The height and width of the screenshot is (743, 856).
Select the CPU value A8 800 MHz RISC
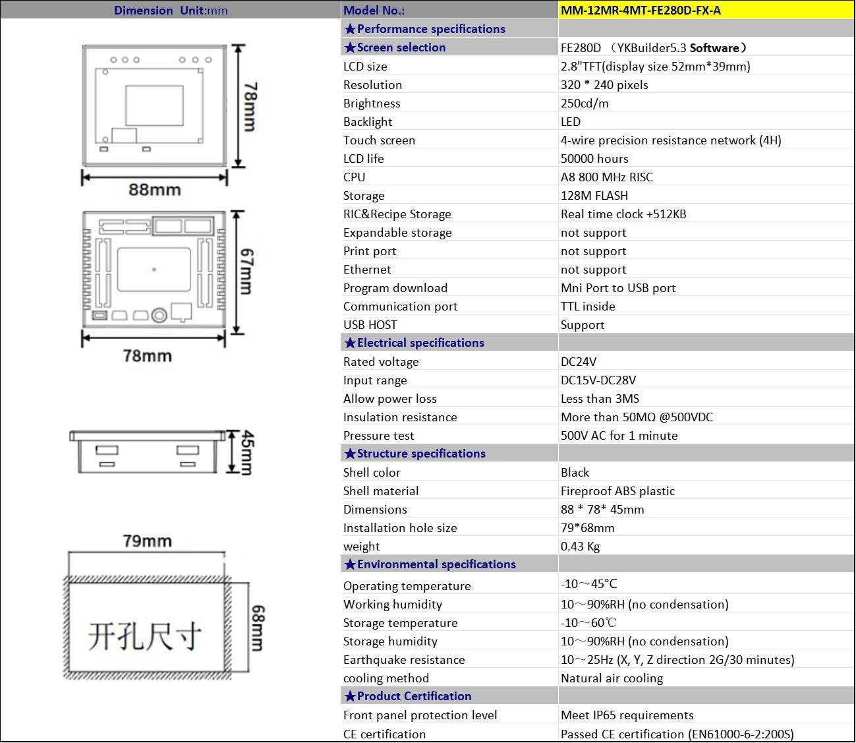pos(606,177)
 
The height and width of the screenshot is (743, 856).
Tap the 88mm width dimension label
pos(155,190)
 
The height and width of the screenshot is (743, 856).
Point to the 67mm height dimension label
pos(246,271)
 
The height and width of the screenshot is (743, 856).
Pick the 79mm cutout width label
pos(147,541)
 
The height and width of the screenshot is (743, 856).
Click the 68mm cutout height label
pos(257,628)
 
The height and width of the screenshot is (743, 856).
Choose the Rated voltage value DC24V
pos(579,361)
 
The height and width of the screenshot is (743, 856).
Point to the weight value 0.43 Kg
pos(580,546)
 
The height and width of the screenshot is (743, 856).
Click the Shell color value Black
pos(575,472)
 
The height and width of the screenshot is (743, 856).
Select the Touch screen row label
pos(379,140)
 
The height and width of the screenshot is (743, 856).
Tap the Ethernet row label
pos(367,269)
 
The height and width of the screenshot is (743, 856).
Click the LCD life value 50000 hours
pos(594,158)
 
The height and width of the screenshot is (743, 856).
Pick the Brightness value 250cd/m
pos(585,103)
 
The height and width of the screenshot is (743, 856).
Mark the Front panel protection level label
pos(420,715)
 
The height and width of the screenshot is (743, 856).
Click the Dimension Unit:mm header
pos(171,10)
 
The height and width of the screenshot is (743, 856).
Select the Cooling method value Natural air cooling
pos(612,678)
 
